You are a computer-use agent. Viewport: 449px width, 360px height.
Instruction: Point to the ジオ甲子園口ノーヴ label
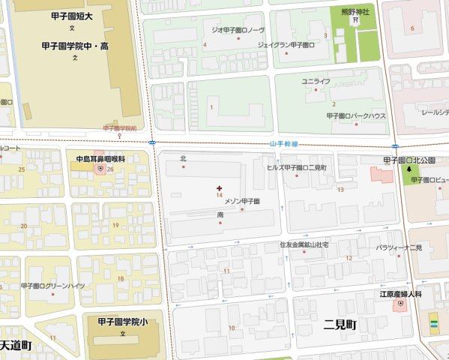point(238,30)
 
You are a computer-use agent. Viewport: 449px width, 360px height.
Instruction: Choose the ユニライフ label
point(316,80)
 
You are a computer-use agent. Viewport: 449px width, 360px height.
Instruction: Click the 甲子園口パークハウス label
point(356,116)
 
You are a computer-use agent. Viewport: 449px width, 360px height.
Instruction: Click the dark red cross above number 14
point(219,187)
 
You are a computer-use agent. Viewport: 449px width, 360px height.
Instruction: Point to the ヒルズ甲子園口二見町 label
point(297,168)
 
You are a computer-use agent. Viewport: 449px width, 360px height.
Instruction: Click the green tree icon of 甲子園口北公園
point(409,170)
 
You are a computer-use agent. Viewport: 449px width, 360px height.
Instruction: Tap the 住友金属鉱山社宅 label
point(304,244)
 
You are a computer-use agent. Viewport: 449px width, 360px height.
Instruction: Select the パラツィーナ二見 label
point(399,247)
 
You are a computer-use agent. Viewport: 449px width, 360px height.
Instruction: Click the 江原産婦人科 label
point(400,294)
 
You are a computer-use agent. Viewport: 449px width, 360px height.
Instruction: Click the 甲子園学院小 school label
point(123,321)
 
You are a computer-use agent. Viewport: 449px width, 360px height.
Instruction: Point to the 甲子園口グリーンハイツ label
point(53,286)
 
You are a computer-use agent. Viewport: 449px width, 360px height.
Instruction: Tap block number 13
point(340,190)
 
